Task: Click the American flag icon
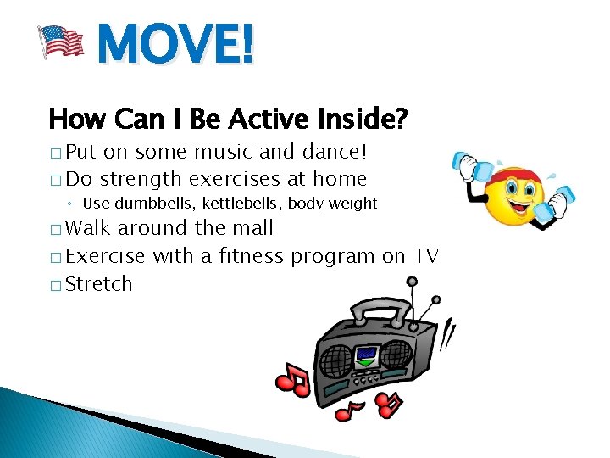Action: coord(60,42)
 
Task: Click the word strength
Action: coord(142,179)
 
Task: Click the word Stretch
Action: coord(99,284)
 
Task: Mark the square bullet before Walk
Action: coord(55,229)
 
